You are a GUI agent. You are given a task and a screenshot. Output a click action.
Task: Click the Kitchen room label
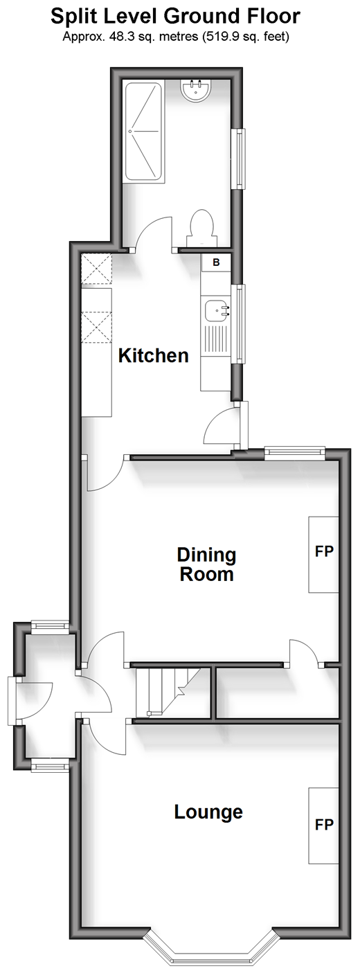click(154, 355)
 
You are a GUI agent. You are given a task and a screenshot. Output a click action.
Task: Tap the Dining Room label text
click(207, 564)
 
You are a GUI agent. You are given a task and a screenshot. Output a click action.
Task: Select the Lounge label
click(208, 812)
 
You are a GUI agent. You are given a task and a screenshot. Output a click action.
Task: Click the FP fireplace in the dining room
click(323, 554)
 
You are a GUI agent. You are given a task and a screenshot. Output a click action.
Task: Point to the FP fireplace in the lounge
click(323, 825)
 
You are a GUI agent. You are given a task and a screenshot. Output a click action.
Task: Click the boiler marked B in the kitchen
click(216, 262)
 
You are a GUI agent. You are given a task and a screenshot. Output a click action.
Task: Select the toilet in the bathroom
click(201, 229)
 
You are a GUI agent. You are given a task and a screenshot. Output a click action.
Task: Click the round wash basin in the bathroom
click(196, 91)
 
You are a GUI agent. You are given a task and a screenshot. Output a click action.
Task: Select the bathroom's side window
click(240, 159)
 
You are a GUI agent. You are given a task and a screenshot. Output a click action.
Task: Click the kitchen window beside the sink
click(239, 323)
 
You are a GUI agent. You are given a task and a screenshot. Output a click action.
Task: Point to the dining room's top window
click(295, 453)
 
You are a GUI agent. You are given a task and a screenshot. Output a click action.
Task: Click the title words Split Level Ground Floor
click(175, 17)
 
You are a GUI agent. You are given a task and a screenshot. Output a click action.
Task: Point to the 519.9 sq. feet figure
click(245, 37)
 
